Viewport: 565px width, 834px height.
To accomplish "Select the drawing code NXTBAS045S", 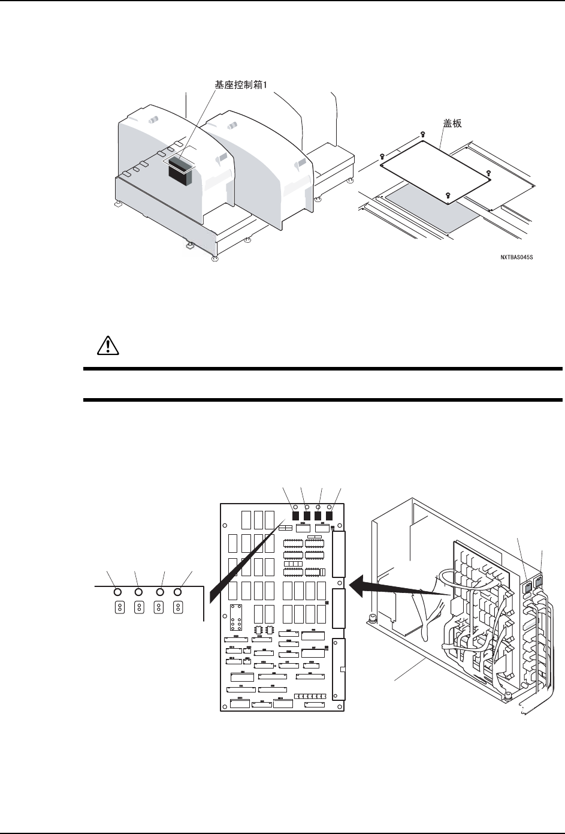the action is click(516, 257).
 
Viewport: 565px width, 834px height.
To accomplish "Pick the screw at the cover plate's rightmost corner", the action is click(489, 173).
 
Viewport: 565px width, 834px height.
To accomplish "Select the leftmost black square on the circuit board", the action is click(296, 514).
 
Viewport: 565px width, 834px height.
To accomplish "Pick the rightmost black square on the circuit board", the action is click(329, 514).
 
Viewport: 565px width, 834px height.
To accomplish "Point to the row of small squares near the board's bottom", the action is click(310, 698).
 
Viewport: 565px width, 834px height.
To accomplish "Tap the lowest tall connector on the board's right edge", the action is click(339, 669).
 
